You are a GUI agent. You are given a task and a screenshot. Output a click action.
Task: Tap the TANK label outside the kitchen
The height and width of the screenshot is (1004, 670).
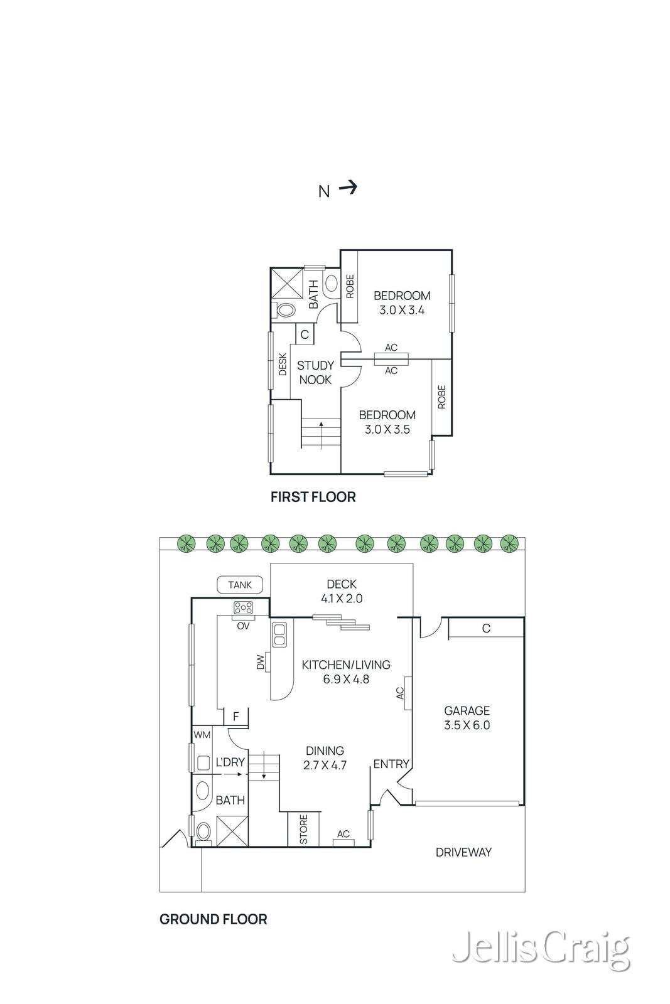point(239,584)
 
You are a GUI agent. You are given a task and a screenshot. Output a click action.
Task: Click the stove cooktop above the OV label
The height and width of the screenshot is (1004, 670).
point(243,608)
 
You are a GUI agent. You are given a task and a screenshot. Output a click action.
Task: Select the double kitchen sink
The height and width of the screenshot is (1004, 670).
point(279,634)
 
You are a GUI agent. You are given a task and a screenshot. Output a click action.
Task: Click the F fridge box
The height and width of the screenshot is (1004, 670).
point(236,716)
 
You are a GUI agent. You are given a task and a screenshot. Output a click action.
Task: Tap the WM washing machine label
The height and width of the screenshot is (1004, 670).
point(202,735)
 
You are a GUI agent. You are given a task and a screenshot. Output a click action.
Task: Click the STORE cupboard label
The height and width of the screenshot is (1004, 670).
point(304,829)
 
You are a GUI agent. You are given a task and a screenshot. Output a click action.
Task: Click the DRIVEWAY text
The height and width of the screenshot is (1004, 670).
point(463,852)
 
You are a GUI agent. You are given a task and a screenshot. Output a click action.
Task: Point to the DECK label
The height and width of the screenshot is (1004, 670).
point(342,584)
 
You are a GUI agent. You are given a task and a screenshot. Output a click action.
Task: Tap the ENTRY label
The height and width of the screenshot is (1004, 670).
point(391,764)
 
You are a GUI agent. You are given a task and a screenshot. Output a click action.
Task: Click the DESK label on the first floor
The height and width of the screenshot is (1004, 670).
point(283,364)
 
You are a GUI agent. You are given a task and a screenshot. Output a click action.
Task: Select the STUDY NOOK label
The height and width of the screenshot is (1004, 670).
point(315,373)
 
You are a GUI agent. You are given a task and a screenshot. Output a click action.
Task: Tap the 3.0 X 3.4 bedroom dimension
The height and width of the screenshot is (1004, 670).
point(402,310)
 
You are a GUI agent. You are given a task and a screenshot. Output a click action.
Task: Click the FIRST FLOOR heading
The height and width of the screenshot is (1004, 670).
point(313,496)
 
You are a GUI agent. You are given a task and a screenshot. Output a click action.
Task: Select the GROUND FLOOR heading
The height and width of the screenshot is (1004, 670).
point(213,919)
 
